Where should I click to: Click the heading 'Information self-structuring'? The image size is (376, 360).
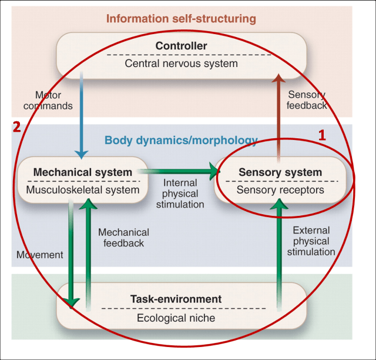point(181,18)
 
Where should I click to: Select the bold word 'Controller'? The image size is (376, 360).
point(181,46)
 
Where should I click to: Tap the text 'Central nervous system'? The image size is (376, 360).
point(181,64)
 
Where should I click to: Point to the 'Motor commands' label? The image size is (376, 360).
point(53,100)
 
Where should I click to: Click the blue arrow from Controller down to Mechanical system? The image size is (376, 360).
point(82,118)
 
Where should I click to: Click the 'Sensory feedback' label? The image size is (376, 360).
point(307,100)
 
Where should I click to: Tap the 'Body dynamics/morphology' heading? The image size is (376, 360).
point(181,140)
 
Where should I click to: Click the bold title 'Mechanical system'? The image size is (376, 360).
point(82,172)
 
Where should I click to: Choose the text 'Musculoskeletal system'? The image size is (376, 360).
point(82,189)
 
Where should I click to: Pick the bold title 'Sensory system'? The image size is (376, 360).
point(280,172)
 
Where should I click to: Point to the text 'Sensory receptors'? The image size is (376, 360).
point(280,190)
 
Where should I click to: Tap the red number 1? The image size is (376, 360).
point(321,135)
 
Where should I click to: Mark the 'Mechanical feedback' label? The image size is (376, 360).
point(123,238)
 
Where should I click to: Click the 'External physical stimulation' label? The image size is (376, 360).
point(311,241)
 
